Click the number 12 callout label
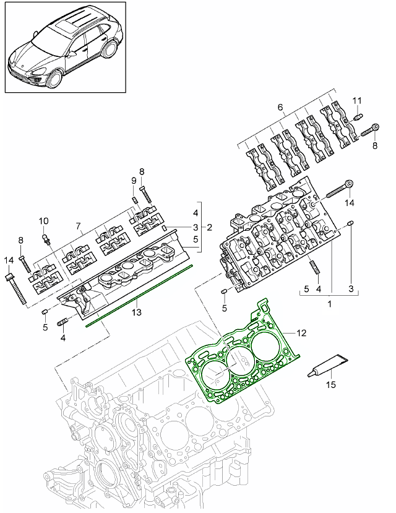click(301, 333)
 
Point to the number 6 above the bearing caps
click(280, 107)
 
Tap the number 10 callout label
click(43, 221)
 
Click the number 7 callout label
click(78, 227)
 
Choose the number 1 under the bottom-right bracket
click(330, 306)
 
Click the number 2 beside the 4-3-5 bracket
click(210, 227)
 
